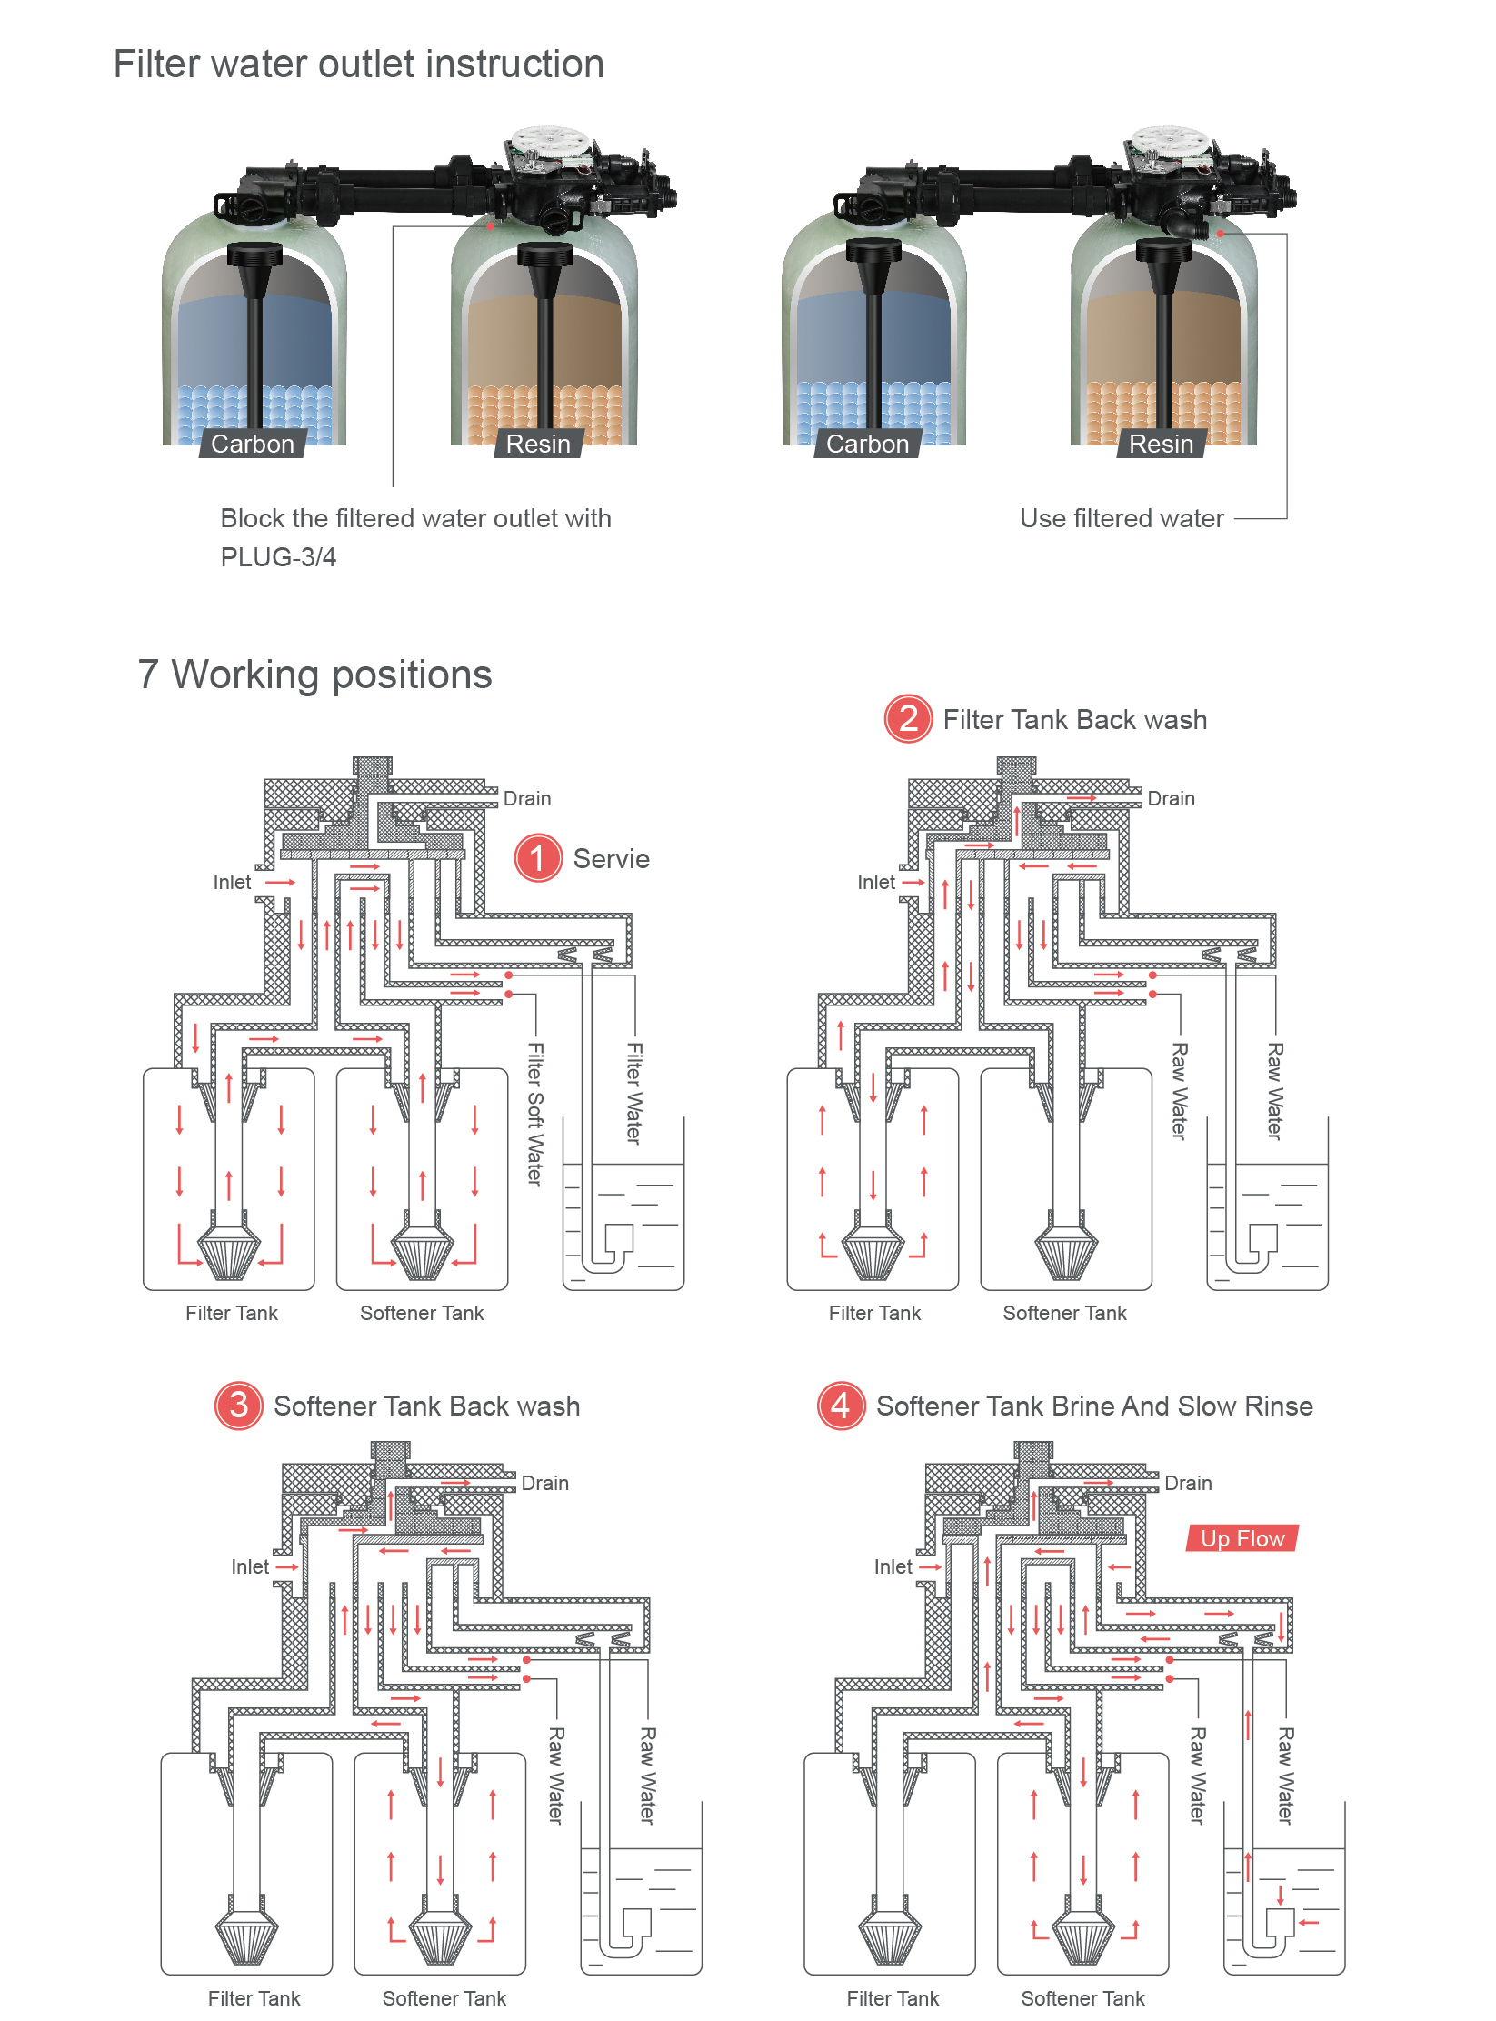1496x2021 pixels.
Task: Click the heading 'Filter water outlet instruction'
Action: point(358,65)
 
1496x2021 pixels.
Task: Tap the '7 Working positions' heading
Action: point(314,675)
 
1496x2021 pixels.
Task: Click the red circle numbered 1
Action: point(537,858)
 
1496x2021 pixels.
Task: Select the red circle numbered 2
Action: point(907,719)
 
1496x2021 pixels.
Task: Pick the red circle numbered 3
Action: point(238,1406)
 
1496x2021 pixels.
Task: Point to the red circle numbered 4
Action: point(841,1406)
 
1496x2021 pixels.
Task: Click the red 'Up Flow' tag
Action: point(1242,1538)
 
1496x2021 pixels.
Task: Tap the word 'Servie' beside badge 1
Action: point(611,859)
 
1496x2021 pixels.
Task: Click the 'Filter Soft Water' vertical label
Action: point(535,1114)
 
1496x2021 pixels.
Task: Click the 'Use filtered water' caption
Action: point(1122,518)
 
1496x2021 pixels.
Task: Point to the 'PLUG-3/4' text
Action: point(278,557)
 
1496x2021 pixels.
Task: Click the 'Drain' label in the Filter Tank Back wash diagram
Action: point(1171,798)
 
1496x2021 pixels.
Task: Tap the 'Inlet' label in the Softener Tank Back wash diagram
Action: point(250,1566)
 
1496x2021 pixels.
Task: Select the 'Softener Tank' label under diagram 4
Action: point(1082,1998)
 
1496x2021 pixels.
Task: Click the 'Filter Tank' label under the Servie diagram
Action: point(232,1313)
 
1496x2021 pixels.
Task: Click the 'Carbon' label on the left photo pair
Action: point(253,444)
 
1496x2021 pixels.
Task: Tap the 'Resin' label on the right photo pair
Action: point(1161,444)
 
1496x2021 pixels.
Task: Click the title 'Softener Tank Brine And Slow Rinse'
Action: point(1094,1406)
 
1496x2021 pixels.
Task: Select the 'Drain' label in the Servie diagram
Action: point(527,798)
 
